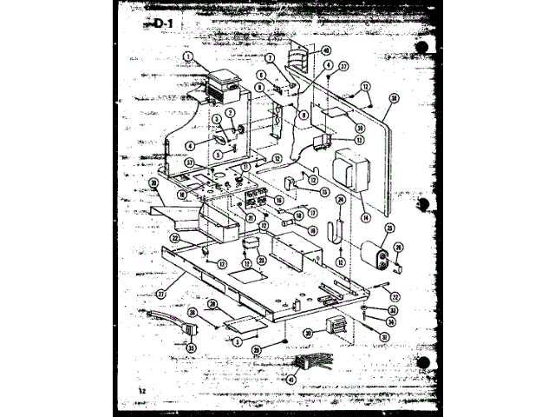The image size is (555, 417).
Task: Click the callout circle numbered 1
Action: tap(188, 56)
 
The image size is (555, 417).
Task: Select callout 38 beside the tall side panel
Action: tap(394, 99)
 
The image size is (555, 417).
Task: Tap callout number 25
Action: tap(389, 228)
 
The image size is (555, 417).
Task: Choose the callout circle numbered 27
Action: tap(159, 293)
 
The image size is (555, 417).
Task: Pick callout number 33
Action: tap(393, 309)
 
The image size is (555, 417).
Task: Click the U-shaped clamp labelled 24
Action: tap(340, 230)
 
